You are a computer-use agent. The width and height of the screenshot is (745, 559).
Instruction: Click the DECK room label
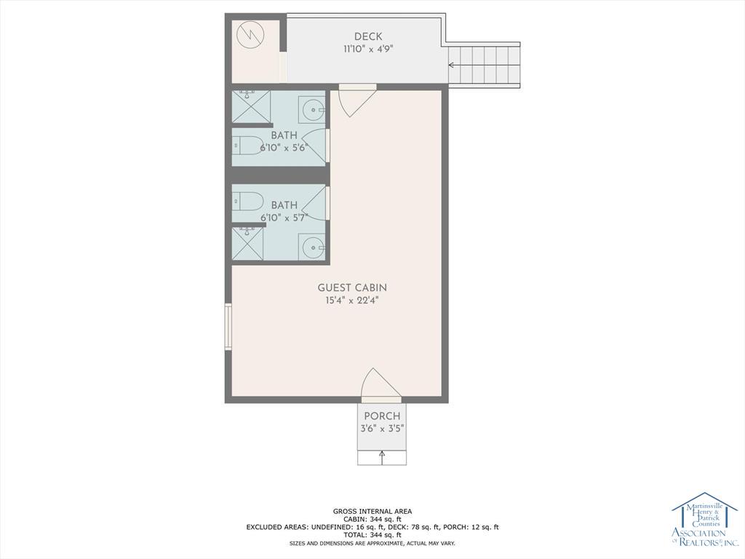tap(367, 36)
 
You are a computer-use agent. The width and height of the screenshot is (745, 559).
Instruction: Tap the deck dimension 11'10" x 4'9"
tap(368, 49)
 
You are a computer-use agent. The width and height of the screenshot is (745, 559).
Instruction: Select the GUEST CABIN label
tap(352, 288)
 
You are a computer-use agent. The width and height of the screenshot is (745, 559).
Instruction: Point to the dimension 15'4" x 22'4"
tap(352, 301)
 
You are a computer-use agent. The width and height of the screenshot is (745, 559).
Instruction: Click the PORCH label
tap(382, 416)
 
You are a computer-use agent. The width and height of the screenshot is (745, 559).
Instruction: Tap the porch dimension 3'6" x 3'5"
tap(382, 428)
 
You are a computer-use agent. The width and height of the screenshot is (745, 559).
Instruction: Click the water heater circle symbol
tap(250, 35)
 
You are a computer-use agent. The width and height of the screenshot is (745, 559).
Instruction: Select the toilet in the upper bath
tap(247, 146)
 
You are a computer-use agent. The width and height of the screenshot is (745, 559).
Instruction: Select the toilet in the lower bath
tap(247, 202)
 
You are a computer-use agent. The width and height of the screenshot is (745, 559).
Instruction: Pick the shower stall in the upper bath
tap(251, 106)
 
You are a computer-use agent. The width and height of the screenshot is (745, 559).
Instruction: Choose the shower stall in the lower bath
tap(247, 243)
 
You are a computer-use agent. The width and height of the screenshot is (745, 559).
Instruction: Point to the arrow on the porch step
tap(382, 457)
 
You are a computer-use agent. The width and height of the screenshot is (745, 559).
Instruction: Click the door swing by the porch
tap(381, 382)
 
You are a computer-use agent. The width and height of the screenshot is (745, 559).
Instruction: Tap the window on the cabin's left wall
tap(228, 327)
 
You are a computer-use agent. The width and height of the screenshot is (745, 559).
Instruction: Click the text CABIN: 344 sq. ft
tap(372, 519)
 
